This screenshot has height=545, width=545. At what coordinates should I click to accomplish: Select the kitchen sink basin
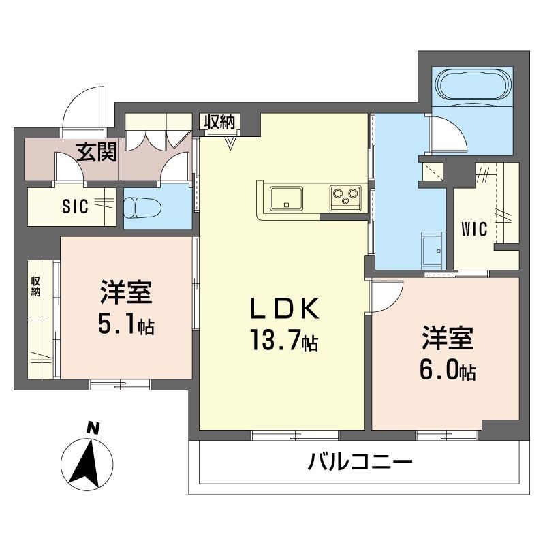pyautogui.click(x=287, y=199)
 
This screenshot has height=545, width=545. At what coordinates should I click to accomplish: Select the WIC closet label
pyautogui.click(x=475, y=229)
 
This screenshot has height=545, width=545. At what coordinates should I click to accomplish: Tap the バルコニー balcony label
pyautogui.click(x=360, y=464)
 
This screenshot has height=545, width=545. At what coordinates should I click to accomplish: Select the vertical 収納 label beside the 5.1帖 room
pyautogui.click(x=35, y=286)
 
